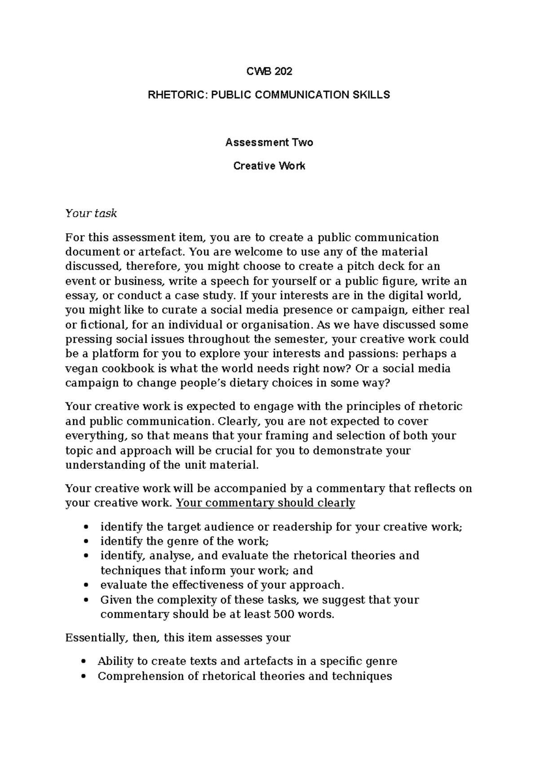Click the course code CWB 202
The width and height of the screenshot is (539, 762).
tap(269, 71)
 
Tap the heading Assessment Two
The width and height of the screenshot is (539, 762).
tap(269, 142)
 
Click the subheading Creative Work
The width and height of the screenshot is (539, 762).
tap(269, 166)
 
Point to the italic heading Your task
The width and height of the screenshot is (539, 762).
tap(91, 213)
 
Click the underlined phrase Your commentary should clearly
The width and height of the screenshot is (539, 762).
tap(265, 503)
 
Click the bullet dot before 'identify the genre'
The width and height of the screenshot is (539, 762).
tap(86, 542)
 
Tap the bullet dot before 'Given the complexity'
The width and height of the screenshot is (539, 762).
tap(86, 600)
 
